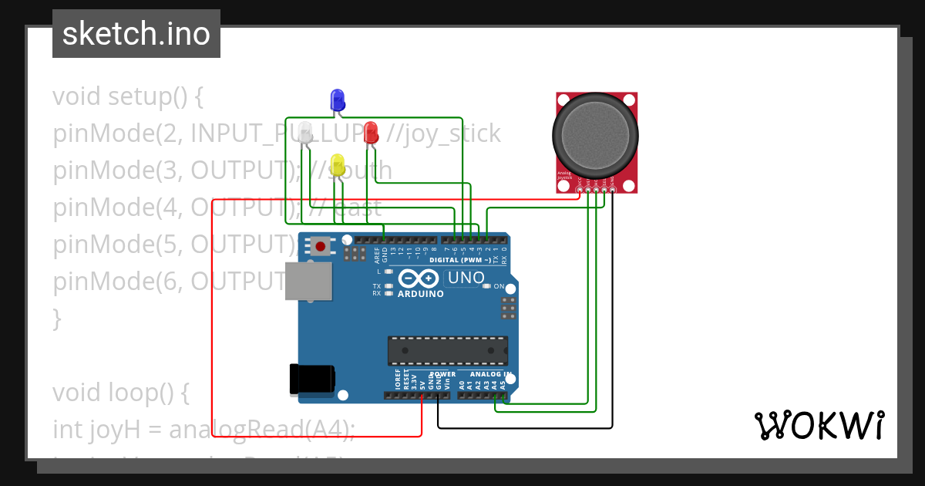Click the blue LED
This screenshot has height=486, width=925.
point(337,100)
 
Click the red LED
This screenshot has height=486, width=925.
point(371,130)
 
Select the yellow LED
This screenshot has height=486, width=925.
point(337,164)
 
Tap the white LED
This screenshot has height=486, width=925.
point(306,131)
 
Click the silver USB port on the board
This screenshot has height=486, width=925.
point(308,280)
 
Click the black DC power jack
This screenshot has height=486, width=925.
point(311,377)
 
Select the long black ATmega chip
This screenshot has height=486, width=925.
point(447,350)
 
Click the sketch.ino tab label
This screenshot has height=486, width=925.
point(136,34)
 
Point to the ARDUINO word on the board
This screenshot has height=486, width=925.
point(420,294)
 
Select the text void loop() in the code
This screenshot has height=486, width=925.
point(120,393)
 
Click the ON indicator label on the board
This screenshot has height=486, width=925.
point(499,286)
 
